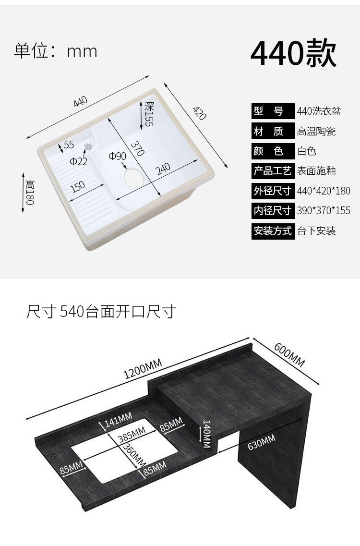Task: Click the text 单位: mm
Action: click(x=56, y=51)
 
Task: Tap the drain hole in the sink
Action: click(x=132, y=175)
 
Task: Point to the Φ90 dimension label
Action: click(x=117, y=156)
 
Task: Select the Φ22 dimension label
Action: click(x=78, y=161)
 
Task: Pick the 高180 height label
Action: click(x=30, y=192)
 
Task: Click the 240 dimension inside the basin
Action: click(x=163, y=169)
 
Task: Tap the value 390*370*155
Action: click(x=324, y=210)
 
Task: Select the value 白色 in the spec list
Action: click(x=307, y=151)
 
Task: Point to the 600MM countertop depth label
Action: click(x=289, y=354)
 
